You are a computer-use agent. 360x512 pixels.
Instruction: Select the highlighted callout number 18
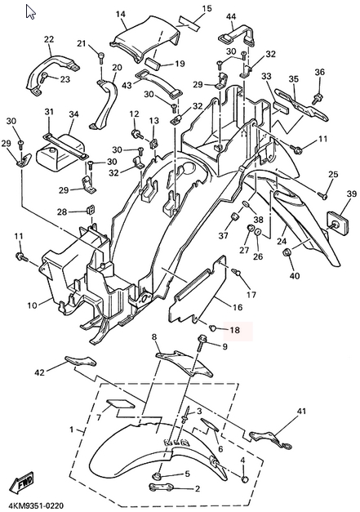click(235, 330)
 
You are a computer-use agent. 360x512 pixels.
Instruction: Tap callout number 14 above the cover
click(121, 14)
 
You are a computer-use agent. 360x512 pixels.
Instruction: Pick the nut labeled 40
click(287, 252)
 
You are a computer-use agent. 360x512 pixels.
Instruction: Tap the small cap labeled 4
click(245, 479)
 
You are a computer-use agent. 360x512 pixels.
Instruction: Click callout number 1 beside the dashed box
click(72, 430)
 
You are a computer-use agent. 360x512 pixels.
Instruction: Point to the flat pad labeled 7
click(120, 404)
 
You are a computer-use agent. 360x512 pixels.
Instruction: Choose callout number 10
click(33, 305)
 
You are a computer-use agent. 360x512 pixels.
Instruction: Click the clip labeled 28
click(91, 211)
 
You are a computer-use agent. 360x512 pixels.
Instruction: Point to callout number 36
click(320, 72)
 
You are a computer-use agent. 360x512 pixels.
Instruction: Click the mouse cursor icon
click(30, 12)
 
